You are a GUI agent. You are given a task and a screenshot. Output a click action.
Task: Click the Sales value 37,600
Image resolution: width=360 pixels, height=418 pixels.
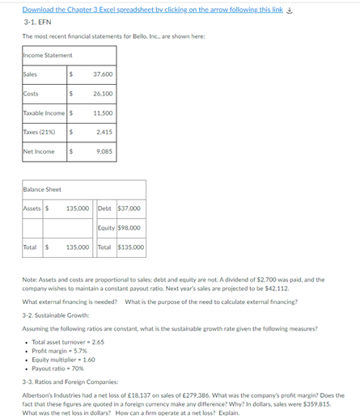pyautogui.click(x=103, y=74)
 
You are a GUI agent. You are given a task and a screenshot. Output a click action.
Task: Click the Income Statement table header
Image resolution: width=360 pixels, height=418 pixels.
pyautogui.click(x=49, y=55)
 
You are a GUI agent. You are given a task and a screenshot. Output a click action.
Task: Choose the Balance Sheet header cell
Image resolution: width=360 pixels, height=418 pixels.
pyautogui.click(x=42, y=189)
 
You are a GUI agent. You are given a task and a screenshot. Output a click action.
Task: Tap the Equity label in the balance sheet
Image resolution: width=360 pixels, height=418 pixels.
pyautogui.click(x=107, y=227)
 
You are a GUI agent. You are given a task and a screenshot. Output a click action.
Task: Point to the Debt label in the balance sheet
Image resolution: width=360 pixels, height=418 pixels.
pyautogui.click(x=105, y=208)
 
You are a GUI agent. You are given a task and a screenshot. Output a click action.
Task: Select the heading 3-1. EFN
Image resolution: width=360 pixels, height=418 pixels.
pyautogui.click(x=37, y=23)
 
